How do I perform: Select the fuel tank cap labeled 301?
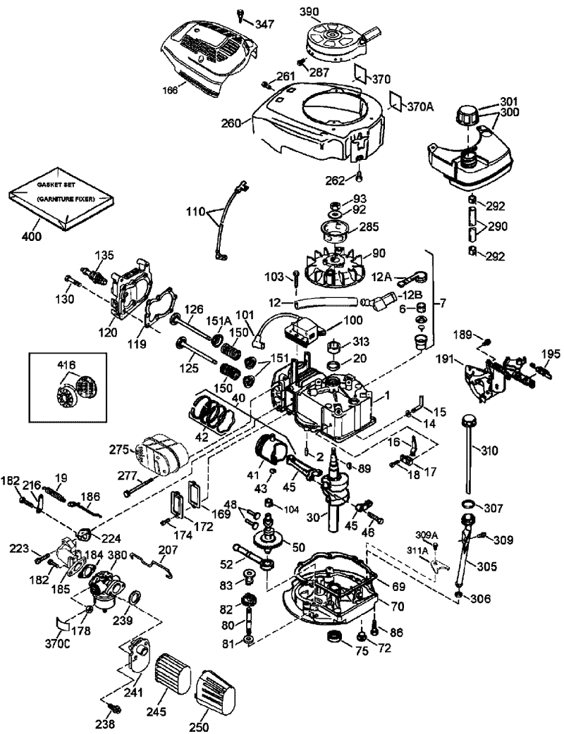pyautogui.click(x=466, y=113)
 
